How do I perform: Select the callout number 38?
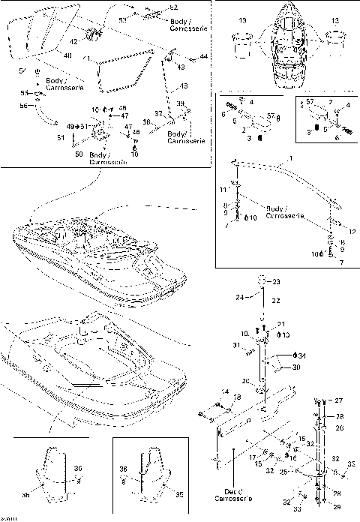click(148, 121)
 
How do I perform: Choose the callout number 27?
click(338, 400)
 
